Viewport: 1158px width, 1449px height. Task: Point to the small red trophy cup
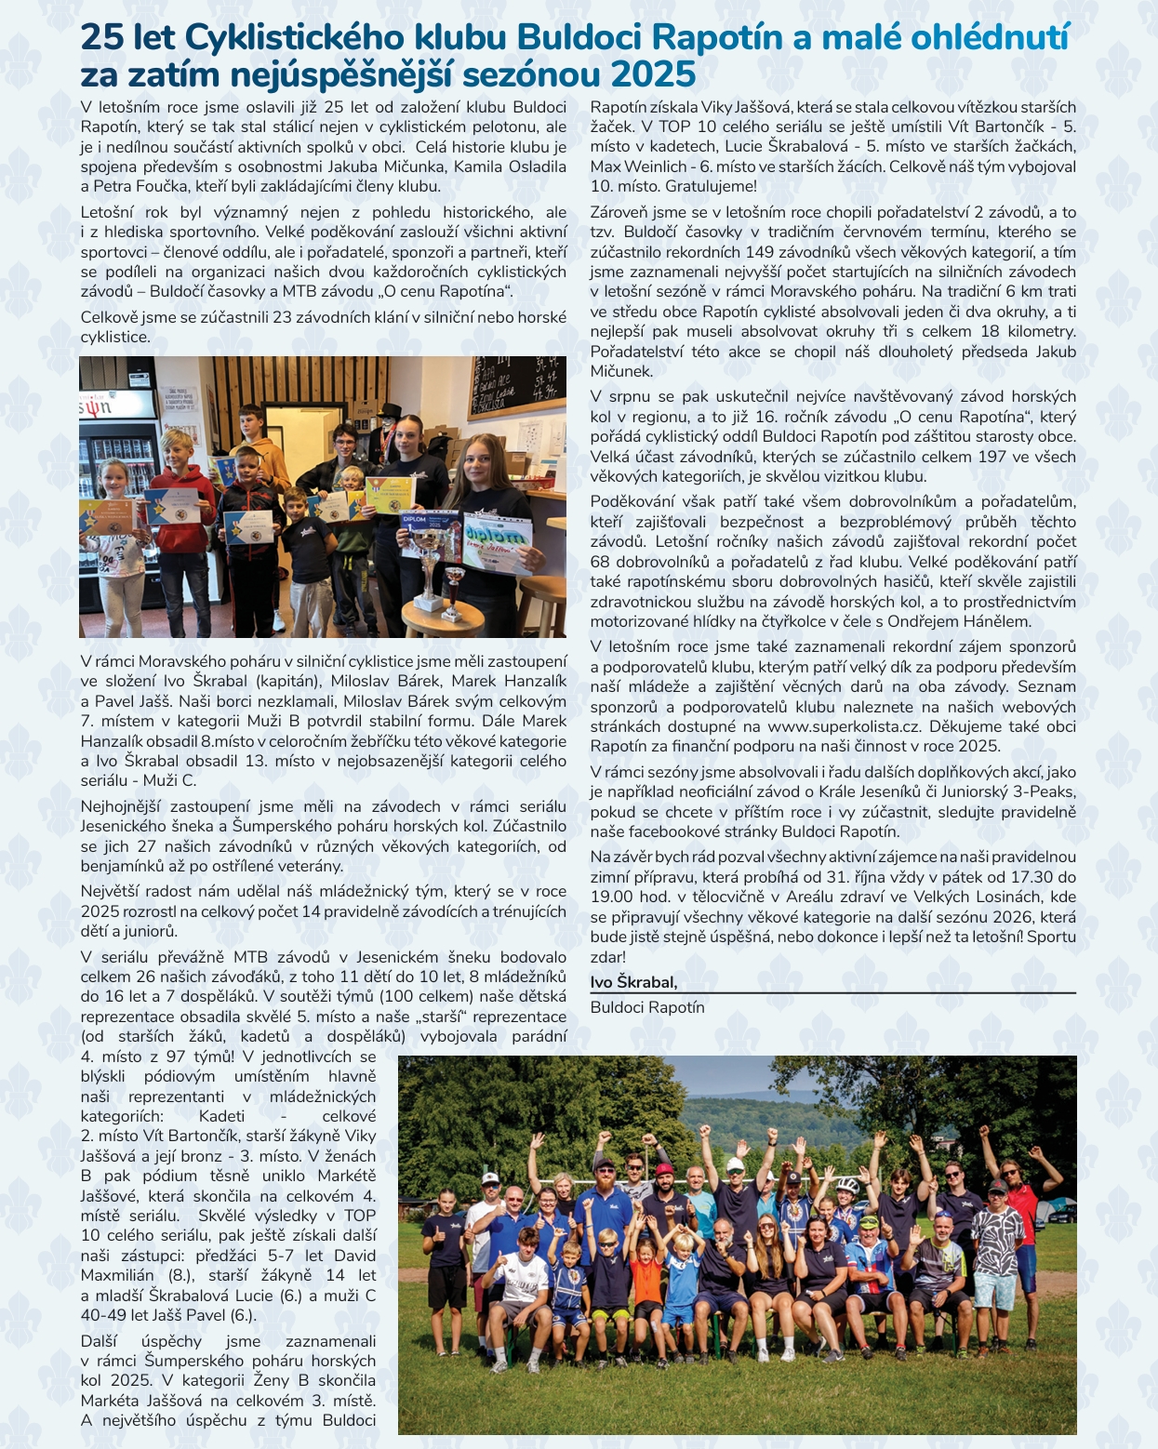point(454,590)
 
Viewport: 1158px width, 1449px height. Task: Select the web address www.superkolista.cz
point(845,726)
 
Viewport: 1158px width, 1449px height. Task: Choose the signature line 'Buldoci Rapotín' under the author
point(647,1007)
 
